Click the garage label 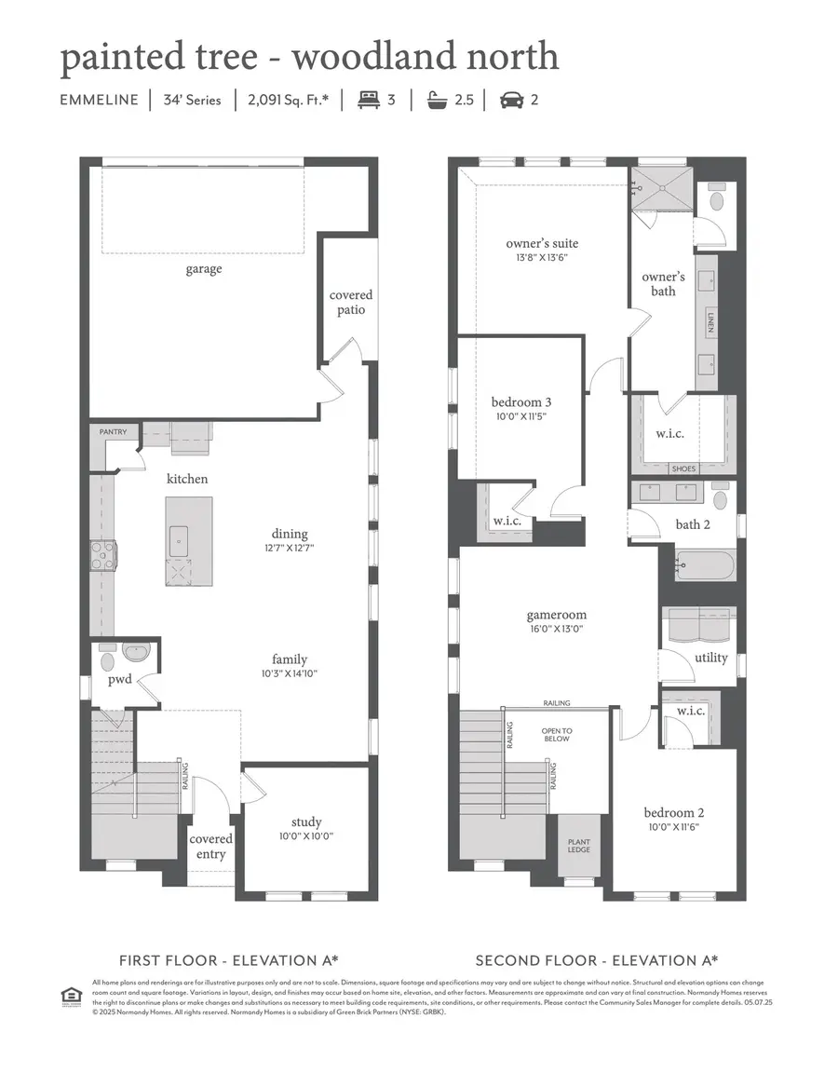[x=203, y=269]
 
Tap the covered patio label [x=350, y=303]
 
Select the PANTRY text [x=114, y=432]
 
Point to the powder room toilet [x=105, y=662]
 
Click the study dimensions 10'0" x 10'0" [x=305, y=836]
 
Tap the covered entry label [x=211, y=846]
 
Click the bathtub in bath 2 [x=705, y=564]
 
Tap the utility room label [x=711, y=658]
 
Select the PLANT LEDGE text [x=578, y=846]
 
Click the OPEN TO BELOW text [x=557, y=735]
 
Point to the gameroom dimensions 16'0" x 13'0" [x=556, y=629]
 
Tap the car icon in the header [x=512, y=99]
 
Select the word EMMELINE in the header [x=98, y=100]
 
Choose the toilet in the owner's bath [x=717, y=199]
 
